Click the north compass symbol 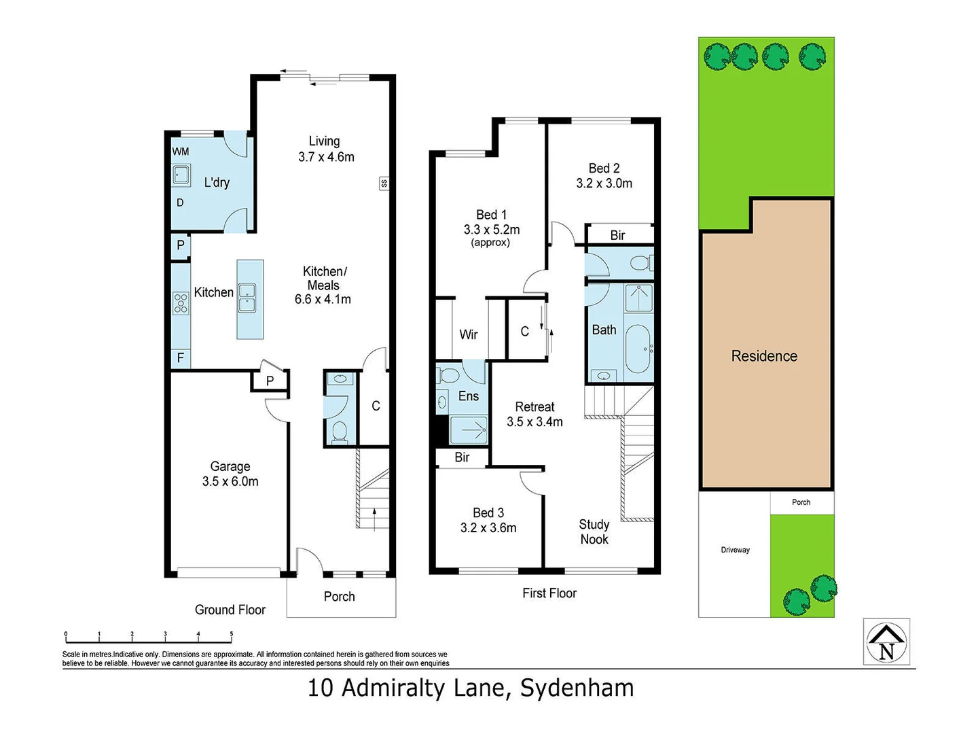(x=886, y=642)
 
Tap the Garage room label (x=230, y=474)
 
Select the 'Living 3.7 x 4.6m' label (x=325, y=149)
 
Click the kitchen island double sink (x=247, y=298)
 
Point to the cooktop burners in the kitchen (x=181, y=302)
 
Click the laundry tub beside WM (x=181, y=175)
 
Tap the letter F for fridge (x=181, y=357)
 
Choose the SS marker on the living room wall (x=384, y=183)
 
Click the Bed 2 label (x=604, y=175)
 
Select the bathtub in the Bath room (x=638, y=349)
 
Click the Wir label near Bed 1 (x=468, y=334)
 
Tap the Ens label (x=468, y=396)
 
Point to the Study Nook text (x=594, y=531)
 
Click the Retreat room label (x=535, y=414)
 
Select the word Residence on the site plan (x=764, y=356)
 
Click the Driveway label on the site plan (x=735, y=550)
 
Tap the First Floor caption (x=549, y=593)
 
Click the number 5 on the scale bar (x=231, y=634)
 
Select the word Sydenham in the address (x=577, y=688)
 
